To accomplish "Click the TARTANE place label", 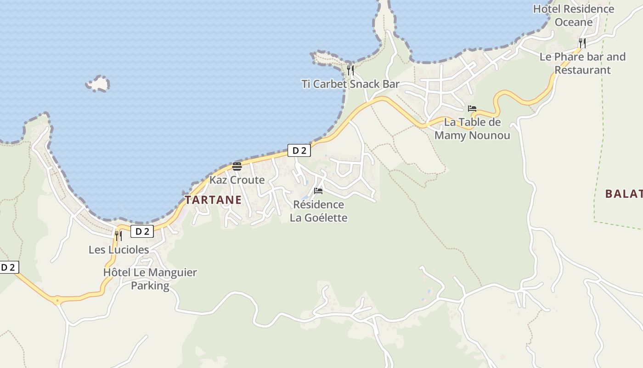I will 213,200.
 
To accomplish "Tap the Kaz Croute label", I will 237,180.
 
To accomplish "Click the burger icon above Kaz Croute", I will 237,166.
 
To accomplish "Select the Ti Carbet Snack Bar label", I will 350,84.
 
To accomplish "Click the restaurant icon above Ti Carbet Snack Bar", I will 350,70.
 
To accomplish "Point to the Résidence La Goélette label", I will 318,211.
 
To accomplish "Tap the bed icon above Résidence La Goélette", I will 318,190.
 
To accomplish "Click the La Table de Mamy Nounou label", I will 472,129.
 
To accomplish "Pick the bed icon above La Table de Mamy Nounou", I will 472,109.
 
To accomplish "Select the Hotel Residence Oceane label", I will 573,15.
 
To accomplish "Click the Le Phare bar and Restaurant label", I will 582,63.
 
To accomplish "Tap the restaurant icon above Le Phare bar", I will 582,43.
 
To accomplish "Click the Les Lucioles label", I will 118,249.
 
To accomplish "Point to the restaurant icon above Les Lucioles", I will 118,236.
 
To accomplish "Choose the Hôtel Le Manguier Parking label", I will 150,279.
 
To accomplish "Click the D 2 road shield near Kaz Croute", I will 299,150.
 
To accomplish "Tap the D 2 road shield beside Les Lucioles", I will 142,231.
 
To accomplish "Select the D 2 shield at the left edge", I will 9,267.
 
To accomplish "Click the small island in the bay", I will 98,84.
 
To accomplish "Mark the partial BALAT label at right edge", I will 624,194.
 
